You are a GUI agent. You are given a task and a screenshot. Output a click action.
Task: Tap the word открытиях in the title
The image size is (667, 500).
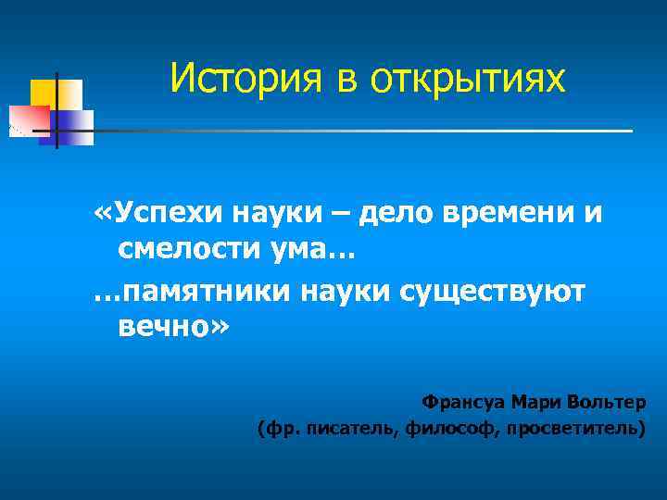pos(469,81)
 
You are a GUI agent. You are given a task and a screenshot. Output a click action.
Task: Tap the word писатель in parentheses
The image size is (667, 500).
pos(354,429)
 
